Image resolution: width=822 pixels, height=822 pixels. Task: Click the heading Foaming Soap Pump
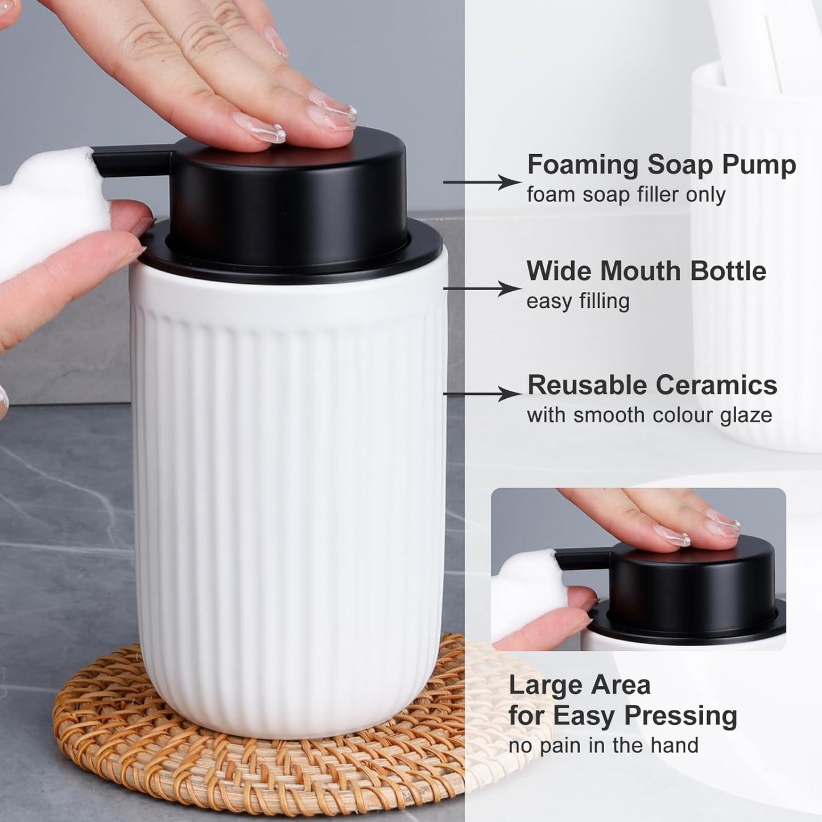pos(661,165)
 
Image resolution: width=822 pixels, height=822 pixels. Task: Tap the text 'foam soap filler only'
pos(626,195)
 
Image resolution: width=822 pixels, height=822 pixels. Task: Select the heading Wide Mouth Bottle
pos(646,271)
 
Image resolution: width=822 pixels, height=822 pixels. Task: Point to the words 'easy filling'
pos(578,301)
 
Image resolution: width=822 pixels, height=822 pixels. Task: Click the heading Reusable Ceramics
pos(652,385)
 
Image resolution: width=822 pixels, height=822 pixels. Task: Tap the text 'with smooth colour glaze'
pos(649,415)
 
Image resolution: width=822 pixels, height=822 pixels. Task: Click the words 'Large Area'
pos(579,685)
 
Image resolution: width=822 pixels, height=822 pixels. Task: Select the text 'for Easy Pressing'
pos(622,715)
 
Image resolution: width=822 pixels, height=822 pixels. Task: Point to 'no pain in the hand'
pos(603,745)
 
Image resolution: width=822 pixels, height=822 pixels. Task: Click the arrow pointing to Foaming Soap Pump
pos(481,182)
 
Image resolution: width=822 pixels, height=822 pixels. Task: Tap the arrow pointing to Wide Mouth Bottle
pos(481,288)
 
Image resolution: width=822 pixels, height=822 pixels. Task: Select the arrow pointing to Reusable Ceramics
pos(481,393)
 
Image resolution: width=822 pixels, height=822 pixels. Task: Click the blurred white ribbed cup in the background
pos(757,256)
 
